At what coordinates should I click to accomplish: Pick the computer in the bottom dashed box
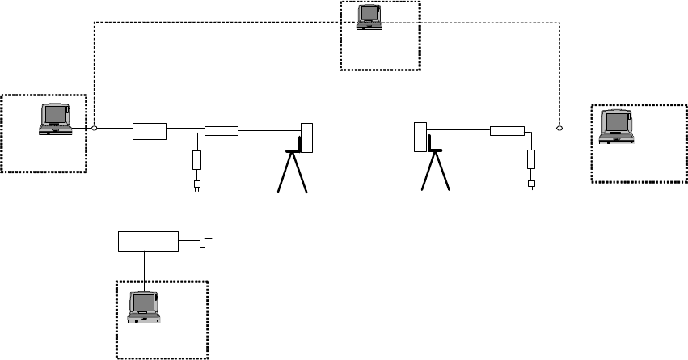pos(146,307)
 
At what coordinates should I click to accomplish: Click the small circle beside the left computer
pos(95,129)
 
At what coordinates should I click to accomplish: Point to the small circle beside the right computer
pos(559,128)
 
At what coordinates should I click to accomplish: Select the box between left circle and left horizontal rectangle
pos(150,129)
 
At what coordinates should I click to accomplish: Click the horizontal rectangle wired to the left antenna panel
pos(221,130)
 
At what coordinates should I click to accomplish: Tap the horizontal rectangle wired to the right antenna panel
pos(507,130)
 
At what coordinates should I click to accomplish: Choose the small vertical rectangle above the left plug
pos(196,159)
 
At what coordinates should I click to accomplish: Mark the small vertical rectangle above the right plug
pos(531,159)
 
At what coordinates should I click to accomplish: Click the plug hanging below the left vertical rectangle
pos(196,185)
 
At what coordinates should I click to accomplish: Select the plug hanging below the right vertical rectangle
pos(531,184)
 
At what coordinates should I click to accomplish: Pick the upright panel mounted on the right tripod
pos(420,137)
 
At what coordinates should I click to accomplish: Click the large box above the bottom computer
pos(148,240)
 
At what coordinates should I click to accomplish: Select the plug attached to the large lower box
pos(203,240)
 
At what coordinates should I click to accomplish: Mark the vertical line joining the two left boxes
pos(150,186)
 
